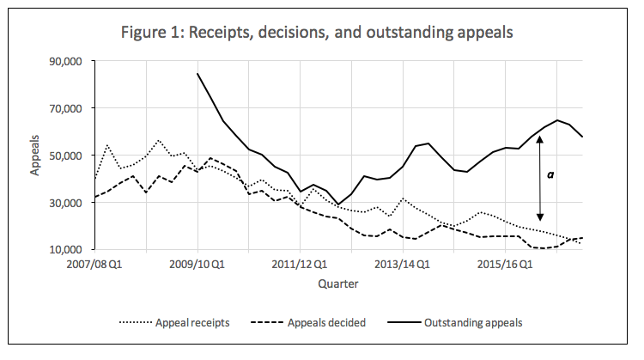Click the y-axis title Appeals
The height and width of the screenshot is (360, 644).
click(x=36, y=156)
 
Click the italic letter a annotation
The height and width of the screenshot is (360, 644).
click(x=550, y=175)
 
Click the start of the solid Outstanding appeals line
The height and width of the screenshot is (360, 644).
click(x=198, y=74)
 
